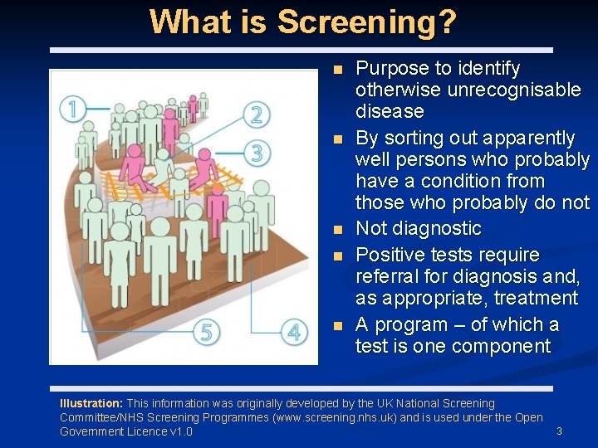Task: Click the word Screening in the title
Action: point(366,22)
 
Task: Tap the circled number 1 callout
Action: point(74,108)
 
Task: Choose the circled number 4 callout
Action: point(293,332)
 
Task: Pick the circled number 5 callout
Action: point(207,332)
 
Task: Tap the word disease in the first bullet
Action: point(390,111)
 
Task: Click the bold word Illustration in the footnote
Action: point(91,404)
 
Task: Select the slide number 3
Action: point(559,431)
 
